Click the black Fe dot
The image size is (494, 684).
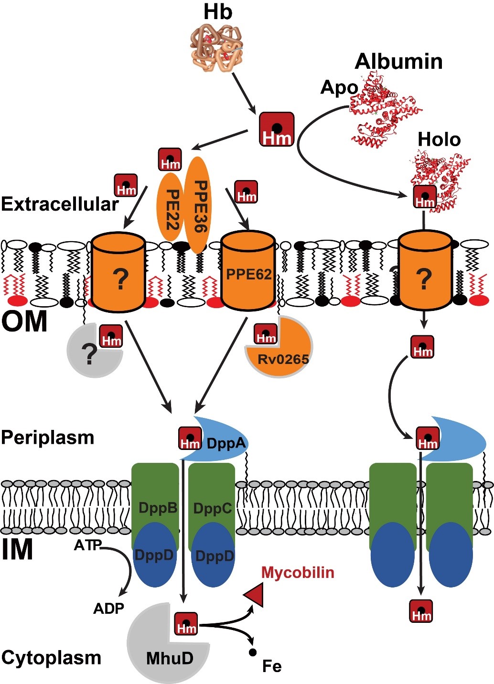click(253, 652)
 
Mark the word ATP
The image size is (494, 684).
click(87, 545)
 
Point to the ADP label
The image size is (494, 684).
click(108, 608)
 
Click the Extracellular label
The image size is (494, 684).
click(60, 204)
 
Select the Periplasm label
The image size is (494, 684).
click(48, 437)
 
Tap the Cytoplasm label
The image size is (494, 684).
click(51, 657)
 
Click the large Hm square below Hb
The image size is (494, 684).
click(276, 129)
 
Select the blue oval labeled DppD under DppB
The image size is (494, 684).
click(154, 556)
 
